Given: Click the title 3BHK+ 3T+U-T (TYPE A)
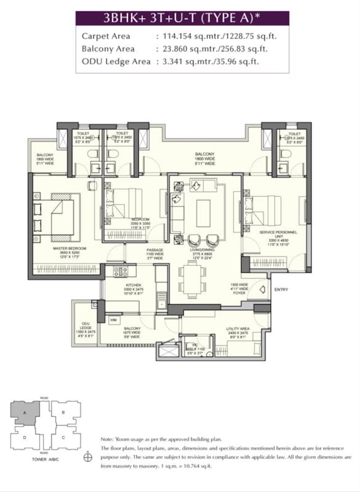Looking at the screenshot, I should click(x=182, y=18).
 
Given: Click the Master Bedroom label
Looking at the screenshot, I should click(x=70, y=249).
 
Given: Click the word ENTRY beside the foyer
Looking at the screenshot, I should click(x=281, y=289).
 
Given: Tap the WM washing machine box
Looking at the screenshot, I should click(x=114, y=320).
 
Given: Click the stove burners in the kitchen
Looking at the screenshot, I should click(x=120, y=271).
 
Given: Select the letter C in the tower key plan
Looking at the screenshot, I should click(x=63, y=437).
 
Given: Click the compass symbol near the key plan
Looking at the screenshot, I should click(x=87, y=458).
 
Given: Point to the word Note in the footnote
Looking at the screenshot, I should click(x=107, y=439).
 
